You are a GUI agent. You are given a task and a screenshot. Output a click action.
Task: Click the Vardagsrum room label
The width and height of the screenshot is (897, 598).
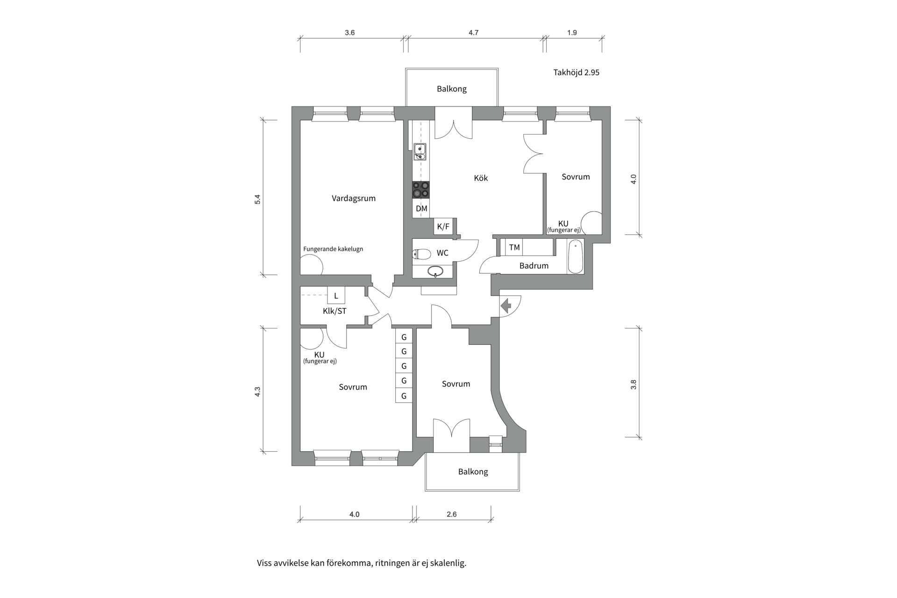pyautogui.click(x=354, y=198)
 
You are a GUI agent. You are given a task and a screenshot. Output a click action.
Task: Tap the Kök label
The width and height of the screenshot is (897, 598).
pyautogui.click(x=481, y=178)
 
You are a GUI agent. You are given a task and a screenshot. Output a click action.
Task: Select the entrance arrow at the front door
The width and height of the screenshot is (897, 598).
pyautogui.click(x=506, y=306)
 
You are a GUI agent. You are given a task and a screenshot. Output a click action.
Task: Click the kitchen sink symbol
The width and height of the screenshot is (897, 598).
pyautogui.click(x=420, y=152)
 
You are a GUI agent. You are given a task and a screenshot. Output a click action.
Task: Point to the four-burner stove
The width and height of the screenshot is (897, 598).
pyautogui.click(x=420, y=190)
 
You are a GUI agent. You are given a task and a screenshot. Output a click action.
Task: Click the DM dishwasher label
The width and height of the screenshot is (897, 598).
pyautogui.click(x=421, y=209)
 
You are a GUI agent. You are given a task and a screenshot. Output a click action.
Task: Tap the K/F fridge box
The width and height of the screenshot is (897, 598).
pyautogui.click(x=443, y=227)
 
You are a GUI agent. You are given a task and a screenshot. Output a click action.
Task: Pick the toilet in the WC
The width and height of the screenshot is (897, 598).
pyautogui.click(x=422, y=254)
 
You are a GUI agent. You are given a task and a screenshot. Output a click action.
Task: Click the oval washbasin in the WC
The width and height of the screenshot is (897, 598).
pyautogui.click(x=435, y=271)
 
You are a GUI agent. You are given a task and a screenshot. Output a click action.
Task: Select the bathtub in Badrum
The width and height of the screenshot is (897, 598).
pyautogui.click(x=576, y=256)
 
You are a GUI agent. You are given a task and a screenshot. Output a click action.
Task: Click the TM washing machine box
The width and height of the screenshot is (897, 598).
pyautogui.click(x=514, y=248)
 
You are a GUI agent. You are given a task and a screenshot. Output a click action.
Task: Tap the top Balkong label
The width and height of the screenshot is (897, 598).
pyautogui.click(x=452, y=89)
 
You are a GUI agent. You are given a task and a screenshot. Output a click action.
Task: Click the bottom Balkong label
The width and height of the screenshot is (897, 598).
pyautogui.click(x=473, y=472)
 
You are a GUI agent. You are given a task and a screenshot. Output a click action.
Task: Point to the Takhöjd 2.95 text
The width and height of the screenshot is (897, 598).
pyautogui.click(x=576, y=72)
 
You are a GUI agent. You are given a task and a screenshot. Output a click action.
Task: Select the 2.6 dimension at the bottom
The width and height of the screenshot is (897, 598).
pyautogui.click(x=452, y=514)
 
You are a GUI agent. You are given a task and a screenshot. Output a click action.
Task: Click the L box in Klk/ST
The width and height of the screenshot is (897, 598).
pyautogui.click(x=336, y=296)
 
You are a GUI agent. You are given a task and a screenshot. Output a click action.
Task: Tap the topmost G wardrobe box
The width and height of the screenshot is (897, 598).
pyautogui.click(x=404, y=337)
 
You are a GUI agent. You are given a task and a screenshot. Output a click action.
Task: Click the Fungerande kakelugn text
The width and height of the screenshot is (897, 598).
pyautogui.click(x=333, y=249)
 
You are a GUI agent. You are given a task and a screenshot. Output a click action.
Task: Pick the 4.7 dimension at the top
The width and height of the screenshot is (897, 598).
pyautogui.click(x=473, y=33)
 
